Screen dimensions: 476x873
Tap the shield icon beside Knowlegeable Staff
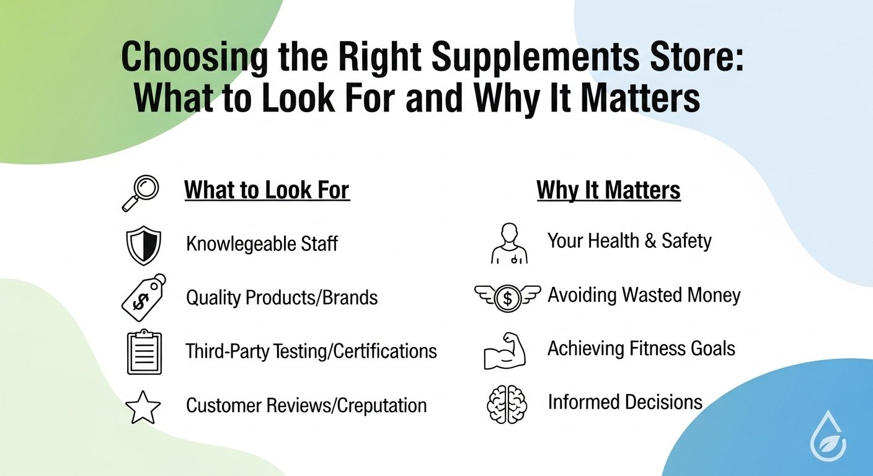pos(143,244)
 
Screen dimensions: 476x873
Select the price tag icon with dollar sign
pos(143,297)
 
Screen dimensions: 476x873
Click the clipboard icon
pos(144,351)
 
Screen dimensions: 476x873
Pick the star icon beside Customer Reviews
pos(143,407)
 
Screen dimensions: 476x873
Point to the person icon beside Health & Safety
pos(509,244)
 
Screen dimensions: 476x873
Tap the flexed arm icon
pos(505,350)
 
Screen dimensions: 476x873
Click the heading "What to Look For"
pos(267,190)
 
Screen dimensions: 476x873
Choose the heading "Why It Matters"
pos(608,190)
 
